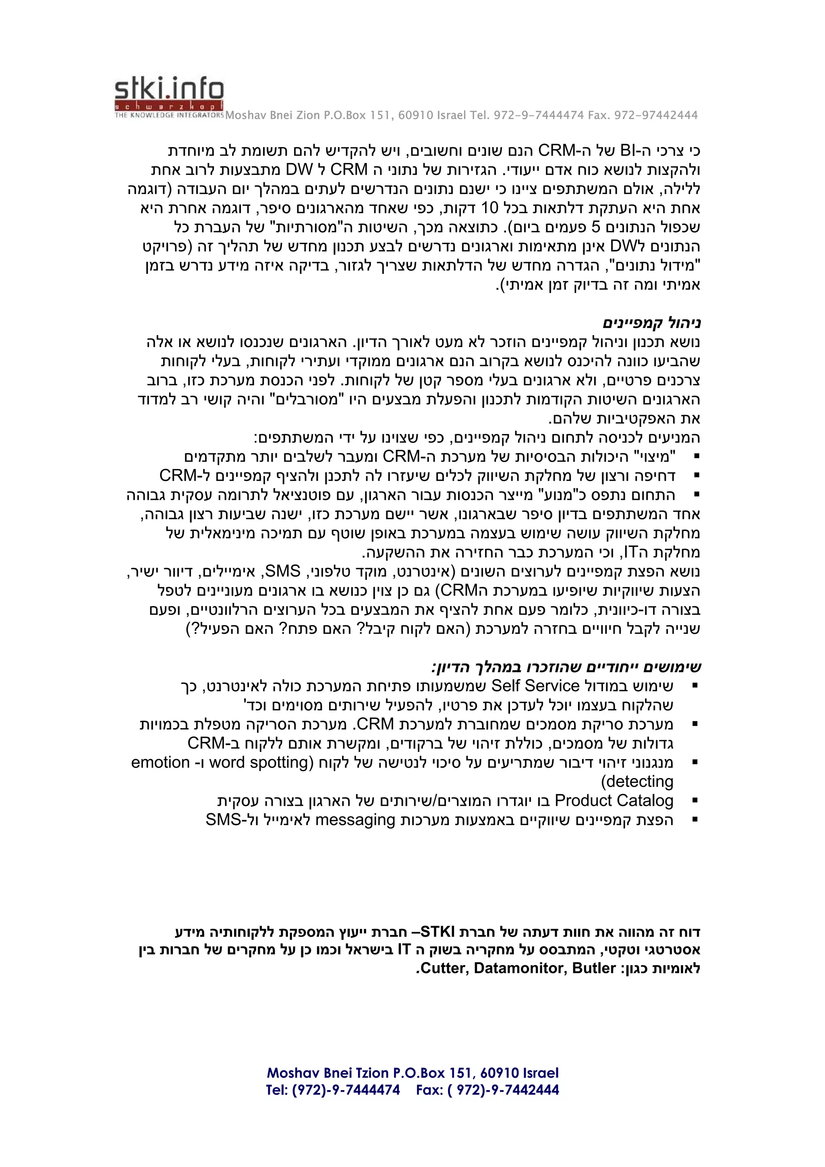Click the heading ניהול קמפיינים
click(x=652, y=323)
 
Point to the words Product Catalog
click(x=614, y=801)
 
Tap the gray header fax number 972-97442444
click(x=656, y=116)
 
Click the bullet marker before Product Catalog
click(x=695, y=801)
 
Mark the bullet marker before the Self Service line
click(x=695, y=686)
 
